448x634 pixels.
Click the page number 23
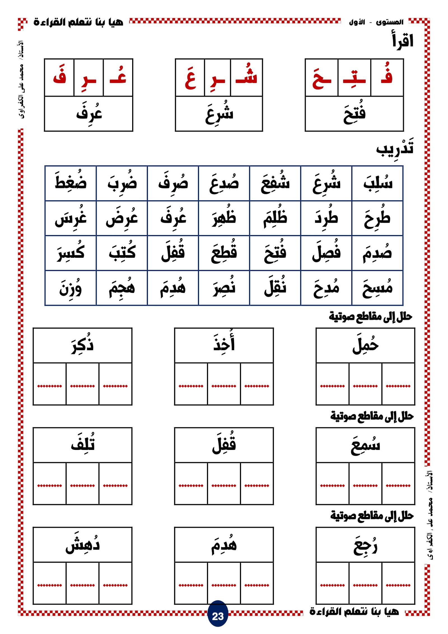point(218,616)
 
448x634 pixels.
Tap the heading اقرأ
point(403,41)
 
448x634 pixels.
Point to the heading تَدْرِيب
point(395,148)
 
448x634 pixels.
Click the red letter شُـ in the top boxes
point(246,77)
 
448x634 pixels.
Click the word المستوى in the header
point(389,22)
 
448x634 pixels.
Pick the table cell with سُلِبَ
point(377,183)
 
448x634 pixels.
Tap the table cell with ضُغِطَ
point(70,183)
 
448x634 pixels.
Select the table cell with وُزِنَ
point(70,288)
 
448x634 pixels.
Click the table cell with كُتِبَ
point(122,253)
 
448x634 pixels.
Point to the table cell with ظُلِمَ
point(275,218)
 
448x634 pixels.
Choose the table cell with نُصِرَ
point(224,288)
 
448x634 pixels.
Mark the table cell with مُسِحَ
point(377,288)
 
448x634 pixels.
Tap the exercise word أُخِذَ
point(224,344)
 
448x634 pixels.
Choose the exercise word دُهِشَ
point(82,545)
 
